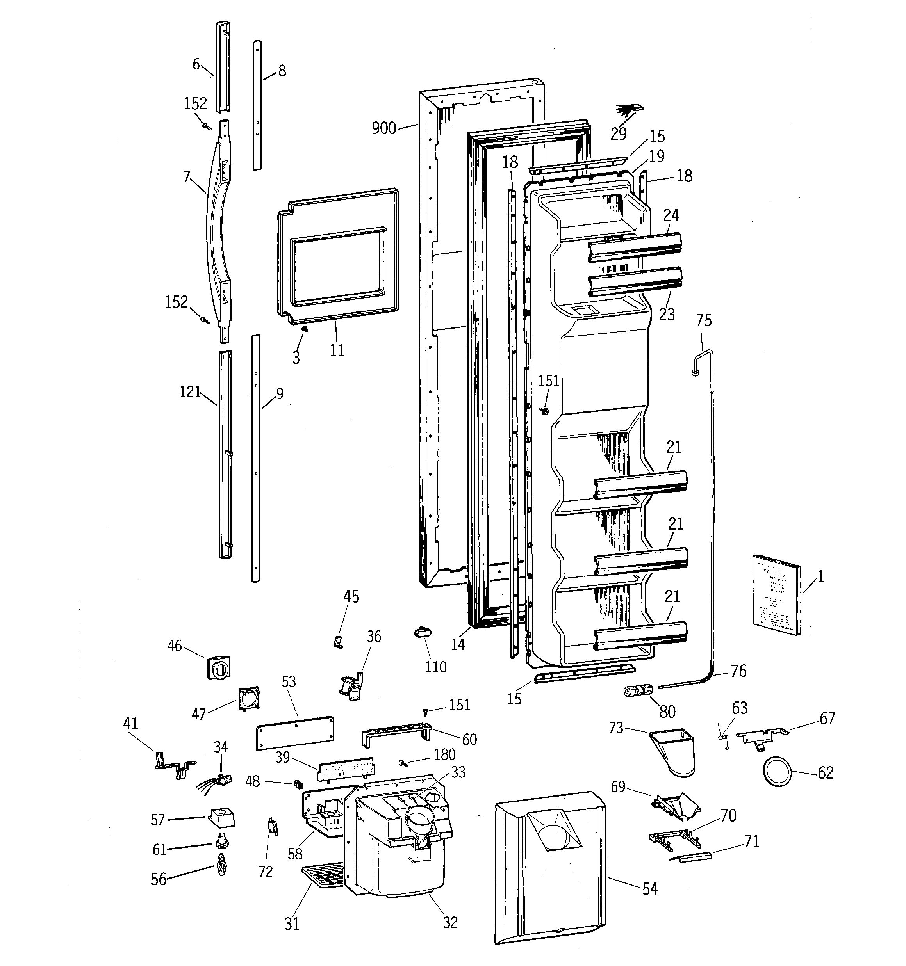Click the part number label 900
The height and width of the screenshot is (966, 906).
coord(384,128)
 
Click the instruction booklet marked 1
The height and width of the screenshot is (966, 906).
coord(776,595)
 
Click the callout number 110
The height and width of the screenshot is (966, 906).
coord(435,667)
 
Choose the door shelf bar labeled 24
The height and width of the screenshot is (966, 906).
coord(634,247)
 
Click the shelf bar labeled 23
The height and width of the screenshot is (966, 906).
coord(634,282)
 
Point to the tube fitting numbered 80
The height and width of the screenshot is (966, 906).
coord(638,690)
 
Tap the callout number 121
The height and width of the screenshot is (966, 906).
coord(190,391)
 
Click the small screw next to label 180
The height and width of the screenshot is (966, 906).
coord(404,763)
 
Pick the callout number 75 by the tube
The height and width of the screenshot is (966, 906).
coord(703,321)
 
